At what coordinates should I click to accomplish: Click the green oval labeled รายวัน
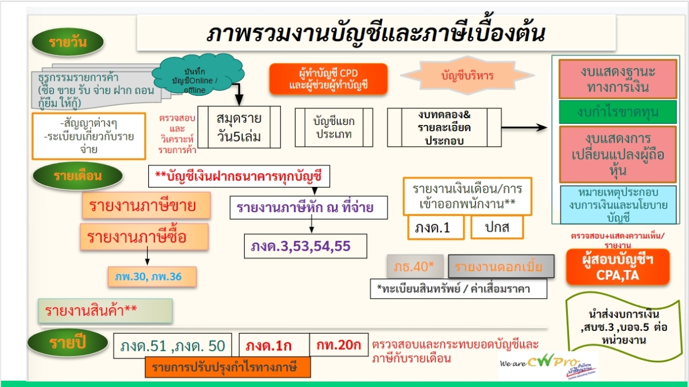pos(68,43)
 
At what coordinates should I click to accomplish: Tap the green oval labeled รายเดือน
pos(70,176)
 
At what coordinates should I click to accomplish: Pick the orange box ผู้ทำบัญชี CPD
pos(328,79)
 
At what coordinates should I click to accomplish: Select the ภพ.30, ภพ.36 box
pos(152,277)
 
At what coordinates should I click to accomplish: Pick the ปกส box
pos(497,228)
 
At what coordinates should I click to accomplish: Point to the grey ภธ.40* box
pos(415,267)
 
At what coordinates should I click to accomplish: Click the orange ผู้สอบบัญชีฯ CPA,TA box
pos(618,267)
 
